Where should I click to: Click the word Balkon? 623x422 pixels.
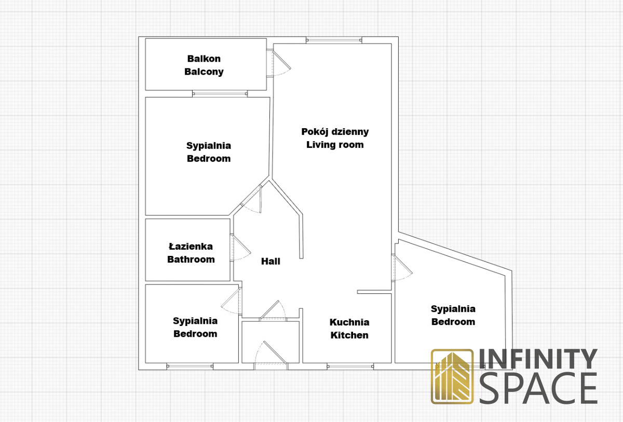tap(204, 59)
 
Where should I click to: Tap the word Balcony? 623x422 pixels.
tap(204, 72)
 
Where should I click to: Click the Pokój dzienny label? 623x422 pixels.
tap(335, 132)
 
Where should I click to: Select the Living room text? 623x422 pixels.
tap(335, 144)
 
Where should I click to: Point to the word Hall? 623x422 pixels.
tap(270, 261)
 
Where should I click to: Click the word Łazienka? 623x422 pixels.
tap(191, 247)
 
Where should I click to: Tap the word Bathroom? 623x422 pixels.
tap(191, 260)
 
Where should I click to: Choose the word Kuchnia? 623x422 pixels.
tap(349, 322)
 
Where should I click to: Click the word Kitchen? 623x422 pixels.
tap(349, 335)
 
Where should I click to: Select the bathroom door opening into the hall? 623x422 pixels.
tap(240, 248)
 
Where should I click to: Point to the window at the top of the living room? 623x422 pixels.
tap(334, 40)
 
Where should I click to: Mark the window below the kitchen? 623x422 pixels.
tap(350, 366)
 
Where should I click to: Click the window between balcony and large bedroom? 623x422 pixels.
tap(220, 93)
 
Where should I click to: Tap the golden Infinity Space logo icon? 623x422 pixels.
tap(452, 376)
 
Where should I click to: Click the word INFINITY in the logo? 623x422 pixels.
tap(538, 359)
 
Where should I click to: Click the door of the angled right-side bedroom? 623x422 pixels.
tap(402, 268)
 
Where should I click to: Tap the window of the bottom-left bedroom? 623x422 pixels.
tap(190, 366)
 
